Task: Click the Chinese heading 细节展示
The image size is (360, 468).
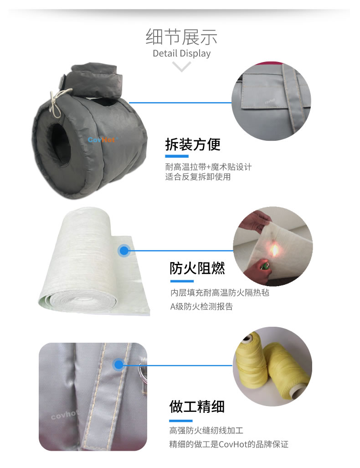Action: pos(181,37)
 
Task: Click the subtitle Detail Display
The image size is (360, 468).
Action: pos(181,53)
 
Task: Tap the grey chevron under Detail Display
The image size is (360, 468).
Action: pos(181,67)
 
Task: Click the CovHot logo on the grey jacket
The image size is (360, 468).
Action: pos(102,140)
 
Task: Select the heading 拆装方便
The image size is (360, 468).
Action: pos(193,145)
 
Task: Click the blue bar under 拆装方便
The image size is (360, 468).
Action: pos(177,156)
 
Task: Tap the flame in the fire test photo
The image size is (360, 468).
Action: pos(274,250)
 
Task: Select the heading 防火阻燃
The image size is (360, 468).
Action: pos(197,268)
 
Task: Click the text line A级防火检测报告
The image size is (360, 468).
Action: pos(201,307)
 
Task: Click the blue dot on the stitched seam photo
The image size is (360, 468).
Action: pos(119,365)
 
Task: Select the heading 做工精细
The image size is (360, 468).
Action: pos(197,407)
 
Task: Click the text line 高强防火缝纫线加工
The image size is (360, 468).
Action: pos(206,430)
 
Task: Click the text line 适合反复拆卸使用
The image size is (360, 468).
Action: pos(198,177)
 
